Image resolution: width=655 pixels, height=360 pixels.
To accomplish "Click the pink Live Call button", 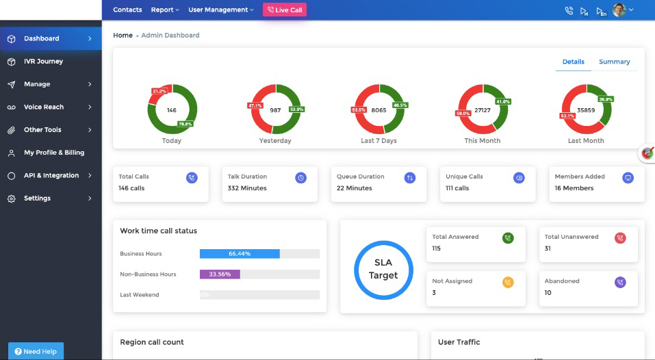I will coord(285,10).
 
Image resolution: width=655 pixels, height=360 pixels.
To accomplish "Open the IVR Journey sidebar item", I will coord(43,62).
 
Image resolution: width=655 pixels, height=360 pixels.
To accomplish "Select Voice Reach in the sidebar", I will coord(44,107).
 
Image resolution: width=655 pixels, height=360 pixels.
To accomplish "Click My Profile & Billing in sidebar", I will coord(54,153).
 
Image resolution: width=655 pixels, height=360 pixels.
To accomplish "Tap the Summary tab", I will coord(614,62).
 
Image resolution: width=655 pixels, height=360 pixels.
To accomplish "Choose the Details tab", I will coord(573,62).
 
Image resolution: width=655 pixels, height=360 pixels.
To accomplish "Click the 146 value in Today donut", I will coord(172,110).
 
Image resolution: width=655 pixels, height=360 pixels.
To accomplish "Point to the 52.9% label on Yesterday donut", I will coord(296,110).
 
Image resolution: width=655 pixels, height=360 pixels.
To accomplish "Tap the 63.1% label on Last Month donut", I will coord(568,116).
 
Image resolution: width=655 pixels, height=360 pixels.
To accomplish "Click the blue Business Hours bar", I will coord(240,254).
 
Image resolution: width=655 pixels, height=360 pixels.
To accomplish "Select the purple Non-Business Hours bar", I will coord(220,274).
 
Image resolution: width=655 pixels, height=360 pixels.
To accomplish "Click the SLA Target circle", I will coord(383,270).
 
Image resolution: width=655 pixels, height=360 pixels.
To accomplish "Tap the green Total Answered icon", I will coord(508,238).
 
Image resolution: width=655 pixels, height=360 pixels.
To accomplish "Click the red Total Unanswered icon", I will coord(620,238).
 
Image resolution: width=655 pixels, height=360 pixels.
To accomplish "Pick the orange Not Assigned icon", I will coord(508,282).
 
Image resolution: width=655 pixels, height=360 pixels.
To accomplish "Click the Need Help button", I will coord(36,351).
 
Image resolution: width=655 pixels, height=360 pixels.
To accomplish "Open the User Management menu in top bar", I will coord(220,10).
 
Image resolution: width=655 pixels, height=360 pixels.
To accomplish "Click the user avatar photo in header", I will coord(619,10).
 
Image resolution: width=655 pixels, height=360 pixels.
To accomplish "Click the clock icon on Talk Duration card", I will coord(301,178).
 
